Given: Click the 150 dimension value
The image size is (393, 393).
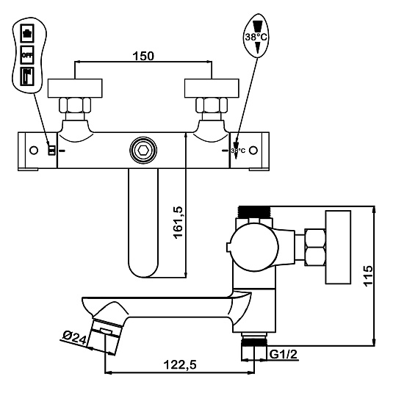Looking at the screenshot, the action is (x=143, y=56).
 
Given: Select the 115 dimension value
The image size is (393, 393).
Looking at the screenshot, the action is (x=368, y=275).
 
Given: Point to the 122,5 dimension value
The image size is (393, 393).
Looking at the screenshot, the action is (x=180, y=364).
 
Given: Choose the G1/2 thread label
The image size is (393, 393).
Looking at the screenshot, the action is (x=284, y=354).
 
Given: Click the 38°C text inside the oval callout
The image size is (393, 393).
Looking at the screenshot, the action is (x=256, y=37).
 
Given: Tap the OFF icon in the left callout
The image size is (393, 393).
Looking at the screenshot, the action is (x=27, y=55).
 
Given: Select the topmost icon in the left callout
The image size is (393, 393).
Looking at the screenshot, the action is (x=27, y=33).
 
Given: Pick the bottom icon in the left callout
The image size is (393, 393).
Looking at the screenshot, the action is (x=27, y=76).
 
